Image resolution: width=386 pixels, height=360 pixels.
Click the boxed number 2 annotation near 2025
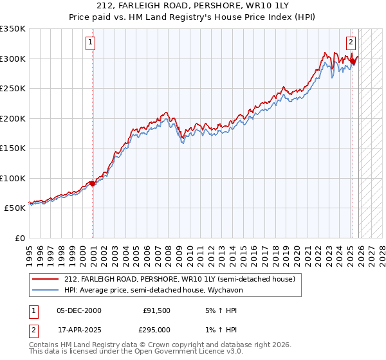pos(351,43)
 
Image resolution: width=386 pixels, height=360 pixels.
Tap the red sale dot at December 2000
pos(93,183)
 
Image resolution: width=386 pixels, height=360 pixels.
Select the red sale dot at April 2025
pos(353,62)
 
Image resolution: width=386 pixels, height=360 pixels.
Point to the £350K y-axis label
pos(13,29)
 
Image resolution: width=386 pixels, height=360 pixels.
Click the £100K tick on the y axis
pos(13,178)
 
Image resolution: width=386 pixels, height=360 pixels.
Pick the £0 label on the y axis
pos(20,238)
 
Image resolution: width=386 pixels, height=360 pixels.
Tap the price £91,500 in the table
pos(157,310)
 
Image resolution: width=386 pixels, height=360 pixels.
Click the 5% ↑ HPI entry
pos(221,310)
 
